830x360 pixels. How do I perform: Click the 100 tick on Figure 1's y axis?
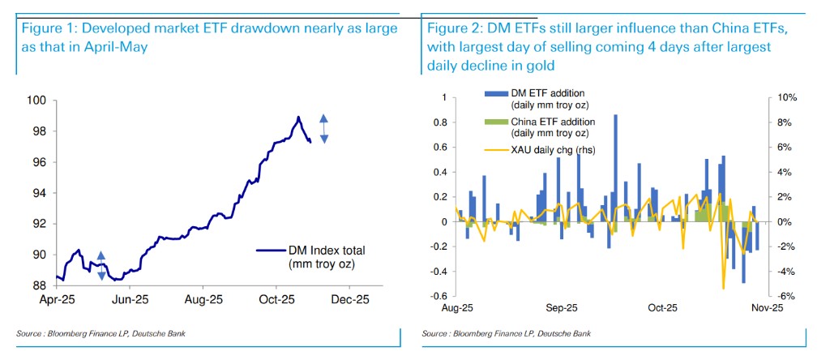pos(37,101)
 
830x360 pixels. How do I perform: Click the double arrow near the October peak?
pos(323,129)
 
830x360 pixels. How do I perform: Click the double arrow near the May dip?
pos(101,266)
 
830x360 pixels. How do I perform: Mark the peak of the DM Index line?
pos(298,117)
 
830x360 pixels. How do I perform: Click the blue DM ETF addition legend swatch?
pos(494,95)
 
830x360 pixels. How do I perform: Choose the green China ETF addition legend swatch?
pos(494,122)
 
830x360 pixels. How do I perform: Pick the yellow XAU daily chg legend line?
pos(494,148)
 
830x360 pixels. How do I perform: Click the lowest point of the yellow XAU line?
pos(723,288)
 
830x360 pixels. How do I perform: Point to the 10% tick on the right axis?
pos(786,97)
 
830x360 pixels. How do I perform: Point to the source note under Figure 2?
pos(507,333)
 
